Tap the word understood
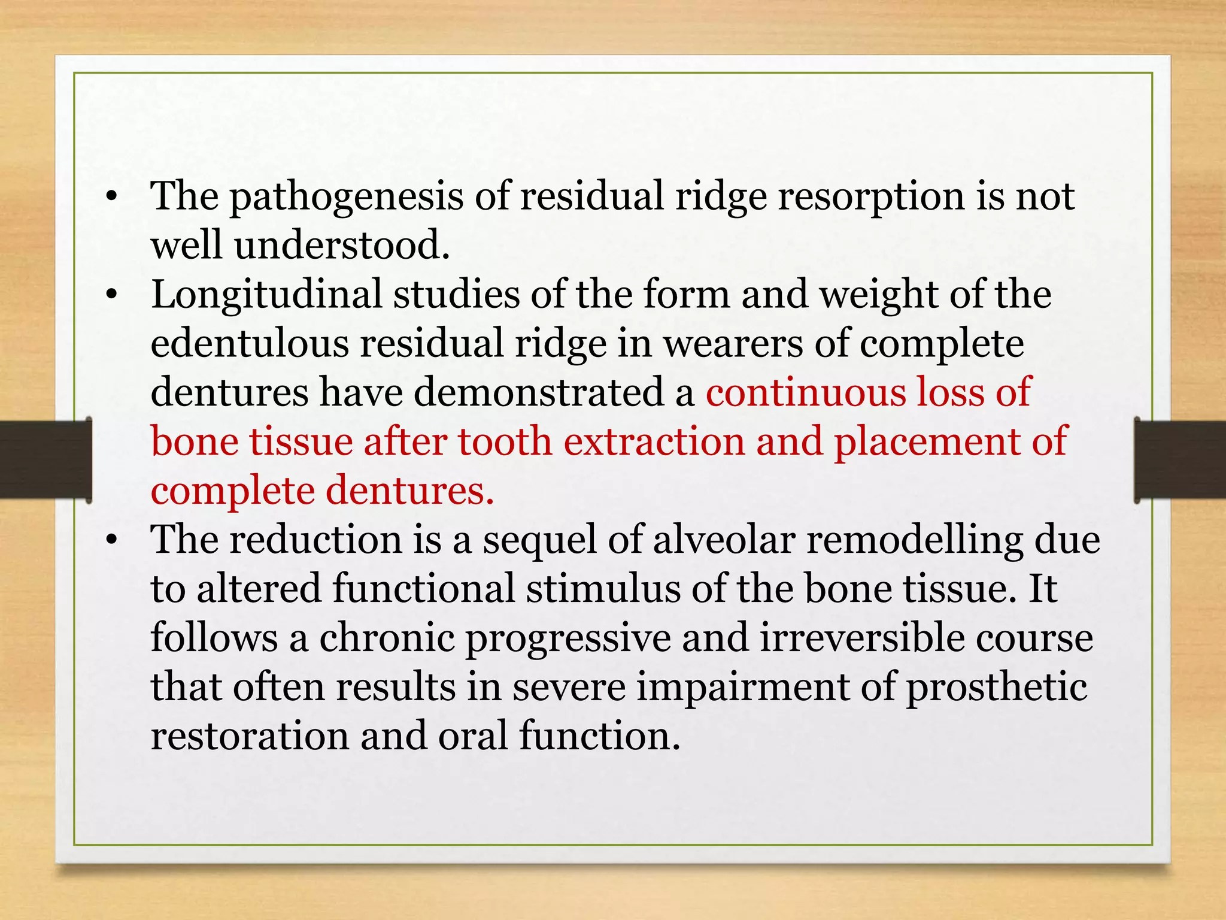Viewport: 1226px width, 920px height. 341,246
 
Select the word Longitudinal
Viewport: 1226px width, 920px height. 266,295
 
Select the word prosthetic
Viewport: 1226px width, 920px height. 996,688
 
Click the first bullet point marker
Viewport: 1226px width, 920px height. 111,199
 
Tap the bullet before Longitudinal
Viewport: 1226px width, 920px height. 111,297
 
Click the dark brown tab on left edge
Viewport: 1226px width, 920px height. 45,459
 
